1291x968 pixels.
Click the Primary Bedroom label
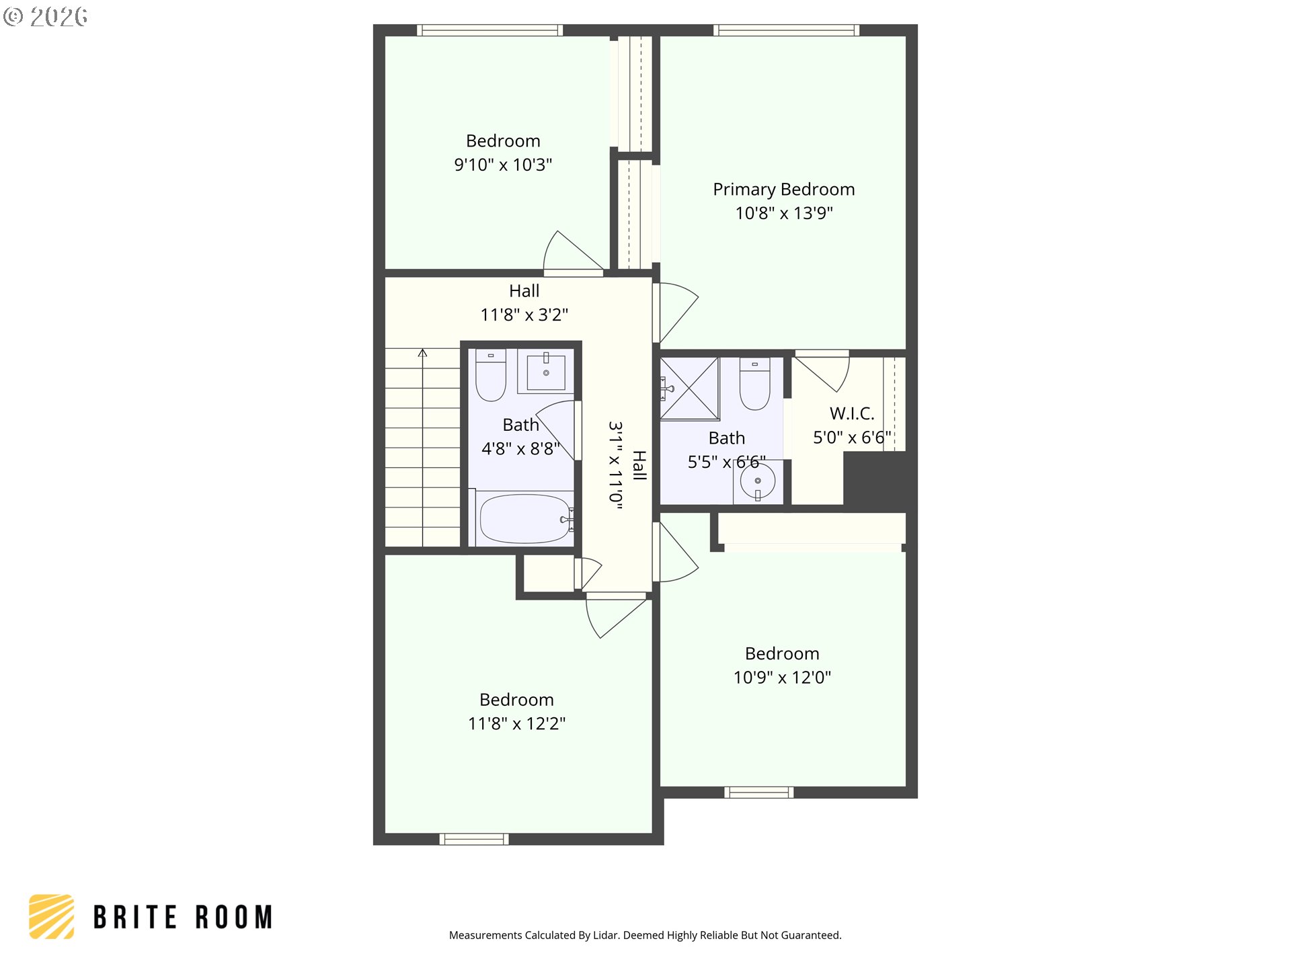click(x=783, y=190)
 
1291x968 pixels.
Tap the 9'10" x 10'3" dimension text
click(x=503, y=165)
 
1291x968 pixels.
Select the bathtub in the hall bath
click(x=525, y=519)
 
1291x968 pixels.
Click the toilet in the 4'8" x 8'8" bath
click(x=491, y=376)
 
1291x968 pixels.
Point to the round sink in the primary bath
click(x=758, y=481)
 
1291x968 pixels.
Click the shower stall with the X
click(x=689, y=389)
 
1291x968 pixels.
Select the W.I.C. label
click(x=852, y=413)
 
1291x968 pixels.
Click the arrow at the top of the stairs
click(x=422, y=354)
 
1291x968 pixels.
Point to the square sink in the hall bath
click(x=545, y=372)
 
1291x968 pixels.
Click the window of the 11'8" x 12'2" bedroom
click(x=474, y=839)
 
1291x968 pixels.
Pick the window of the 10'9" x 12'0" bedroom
click(x=758, y=793)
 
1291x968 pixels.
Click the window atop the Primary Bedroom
click(x=785, y=30)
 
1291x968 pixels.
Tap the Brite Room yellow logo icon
click(x=52, y=916)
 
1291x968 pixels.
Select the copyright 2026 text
click(x=46, y=17)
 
